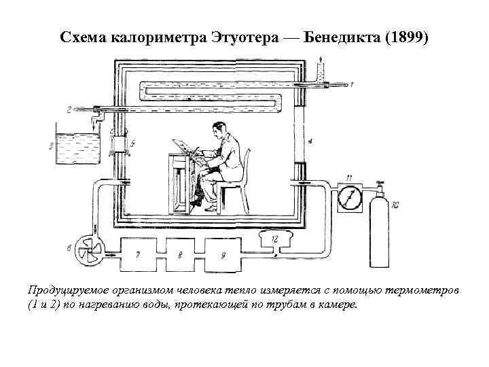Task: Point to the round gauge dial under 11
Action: pyautogui.click(x=347, y=199)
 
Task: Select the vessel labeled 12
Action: pyautogui.click(x=274, y=240)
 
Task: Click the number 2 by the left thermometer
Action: pyautogui.click(x=69, y=108)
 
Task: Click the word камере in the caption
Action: pyautogui.click(x=336, y=304)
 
